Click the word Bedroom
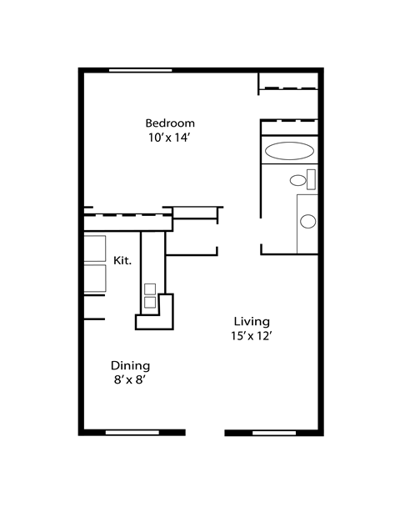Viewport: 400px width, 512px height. pos(170,123)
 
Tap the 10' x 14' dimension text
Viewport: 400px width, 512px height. pos(169,138)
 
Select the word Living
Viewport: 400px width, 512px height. pos(252,322)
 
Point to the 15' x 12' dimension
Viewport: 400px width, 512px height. pos(252,336)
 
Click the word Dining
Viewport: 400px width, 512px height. pos(131,366)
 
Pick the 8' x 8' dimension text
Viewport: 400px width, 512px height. pos(129,380)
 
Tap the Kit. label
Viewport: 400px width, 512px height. pos(122,261)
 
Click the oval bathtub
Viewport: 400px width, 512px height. pos(289,151)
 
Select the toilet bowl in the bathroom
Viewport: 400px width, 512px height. pos(297,180)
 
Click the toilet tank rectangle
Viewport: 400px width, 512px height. pos(311,179)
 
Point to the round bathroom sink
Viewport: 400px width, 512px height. pos(308,221)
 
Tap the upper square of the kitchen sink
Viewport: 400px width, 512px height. pos(150,289)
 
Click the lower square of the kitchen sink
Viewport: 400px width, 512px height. pos(150,303)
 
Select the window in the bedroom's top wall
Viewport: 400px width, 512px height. pos(140,70)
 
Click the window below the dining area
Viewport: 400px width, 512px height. pos(132,433)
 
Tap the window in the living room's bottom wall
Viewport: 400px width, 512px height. pos(274,433)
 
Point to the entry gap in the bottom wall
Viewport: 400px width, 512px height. pos(205,433)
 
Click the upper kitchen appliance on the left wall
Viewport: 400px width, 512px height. pos(95,248)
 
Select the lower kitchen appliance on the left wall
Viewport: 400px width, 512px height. pos(95,279)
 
